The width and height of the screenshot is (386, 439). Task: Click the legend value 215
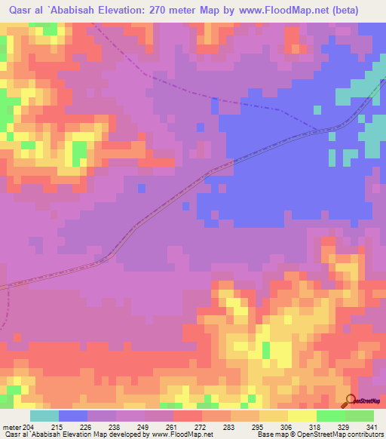coord(59,428)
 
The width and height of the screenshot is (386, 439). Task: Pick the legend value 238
coord(116,428)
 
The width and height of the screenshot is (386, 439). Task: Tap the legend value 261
coord(173,428)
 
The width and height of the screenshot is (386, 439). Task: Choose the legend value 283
coord(231,428)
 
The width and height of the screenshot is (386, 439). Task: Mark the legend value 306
coord(288,428)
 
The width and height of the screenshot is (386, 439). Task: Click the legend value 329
coord(345,428)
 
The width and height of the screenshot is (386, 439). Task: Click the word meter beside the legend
coord(11,428)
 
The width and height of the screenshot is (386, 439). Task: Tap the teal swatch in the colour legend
coord(44,416)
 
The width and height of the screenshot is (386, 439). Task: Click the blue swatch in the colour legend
coord(73,416)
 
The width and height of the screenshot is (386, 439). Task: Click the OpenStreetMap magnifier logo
coord(349,401)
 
